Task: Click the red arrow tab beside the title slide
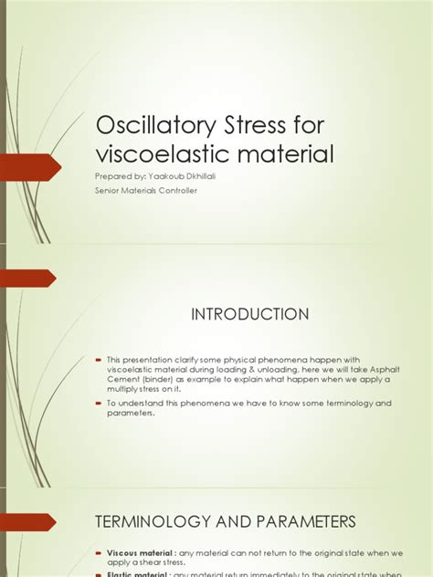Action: tap(27, 168)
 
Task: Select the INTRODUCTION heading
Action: tap(249, 314)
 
